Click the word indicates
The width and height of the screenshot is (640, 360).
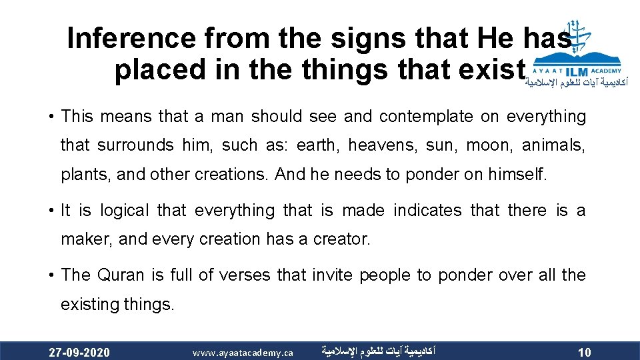pos(427,211)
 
